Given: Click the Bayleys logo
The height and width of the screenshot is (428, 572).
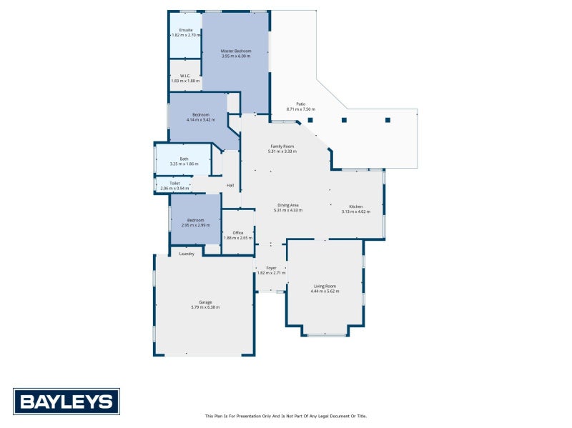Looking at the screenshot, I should coord(66,401).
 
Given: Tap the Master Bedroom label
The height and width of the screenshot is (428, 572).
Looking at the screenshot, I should coord(236,51).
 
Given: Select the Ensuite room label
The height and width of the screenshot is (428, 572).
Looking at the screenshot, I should coord(186,30).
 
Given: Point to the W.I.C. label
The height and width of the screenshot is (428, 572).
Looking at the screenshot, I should coord(184,76).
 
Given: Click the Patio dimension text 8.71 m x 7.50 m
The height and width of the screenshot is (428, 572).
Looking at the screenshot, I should coord(300,109).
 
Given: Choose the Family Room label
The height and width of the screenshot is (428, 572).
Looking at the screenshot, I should coord(282,146).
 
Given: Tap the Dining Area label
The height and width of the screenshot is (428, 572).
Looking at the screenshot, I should coord(288,205).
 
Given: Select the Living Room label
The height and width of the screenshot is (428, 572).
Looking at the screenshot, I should coord(325,286).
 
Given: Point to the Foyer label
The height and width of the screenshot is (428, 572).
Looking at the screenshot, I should coord(271,268).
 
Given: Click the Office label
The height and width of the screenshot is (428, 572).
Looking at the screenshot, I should coord(238,232).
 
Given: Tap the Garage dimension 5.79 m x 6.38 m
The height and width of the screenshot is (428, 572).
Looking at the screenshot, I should coord(205,307).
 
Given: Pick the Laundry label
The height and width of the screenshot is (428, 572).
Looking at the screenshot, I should coord(187,254).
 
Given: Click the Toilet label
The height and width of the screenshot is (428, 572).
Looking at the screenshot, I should coord(174,183).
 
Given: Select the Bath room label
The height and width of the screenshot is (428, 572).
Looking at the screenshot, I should coord(184,159).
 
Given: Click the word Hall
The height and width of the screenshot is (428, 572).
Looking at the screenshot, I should coord(230,186).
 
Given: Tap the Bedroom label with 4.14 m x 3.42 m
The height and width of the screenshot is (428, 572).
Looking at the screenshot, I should coord(200,115).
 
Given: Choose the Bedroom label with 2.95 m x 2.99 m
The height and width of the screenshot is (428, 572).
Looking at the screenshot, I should coord(195,220).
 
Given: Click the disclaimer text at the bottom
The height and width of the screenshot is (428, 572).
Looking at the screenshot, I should coord(285,416).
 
